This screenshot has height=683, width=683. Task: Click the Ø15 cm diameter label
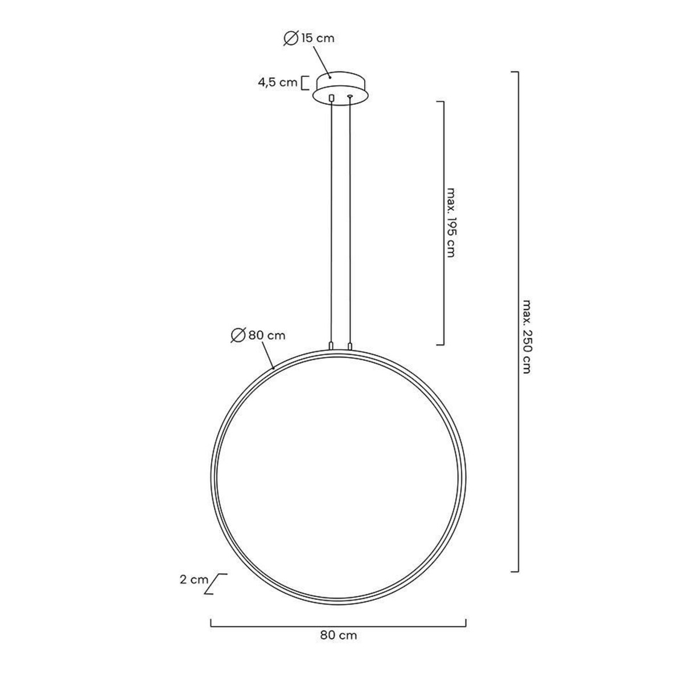309,38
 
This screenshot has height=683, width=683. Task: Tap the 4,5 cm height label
278,83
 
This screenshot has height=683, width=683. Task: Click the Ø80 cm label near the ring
258,335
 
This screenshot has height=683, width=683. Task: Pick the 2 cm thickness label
194,581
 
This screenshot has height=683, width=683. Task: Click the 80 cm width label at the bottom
339,635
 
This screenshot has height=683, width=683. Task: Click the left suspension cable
331,222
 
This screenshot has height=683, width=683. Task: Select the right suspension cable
350,222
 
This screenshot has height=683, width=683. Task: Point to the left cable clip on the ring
331,345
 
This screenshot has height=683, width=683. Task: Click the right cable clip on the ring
350,345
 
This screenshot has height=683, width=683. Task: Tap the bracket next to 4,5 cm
304,83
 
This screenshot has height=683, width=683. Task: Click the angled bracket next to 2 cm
215,584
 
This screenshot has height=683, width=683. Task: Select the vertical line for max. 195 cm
442,223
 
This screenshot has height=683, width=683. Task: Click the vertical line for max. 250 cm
518,322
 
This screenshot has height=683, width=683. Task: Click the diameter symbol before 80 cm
238,336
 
